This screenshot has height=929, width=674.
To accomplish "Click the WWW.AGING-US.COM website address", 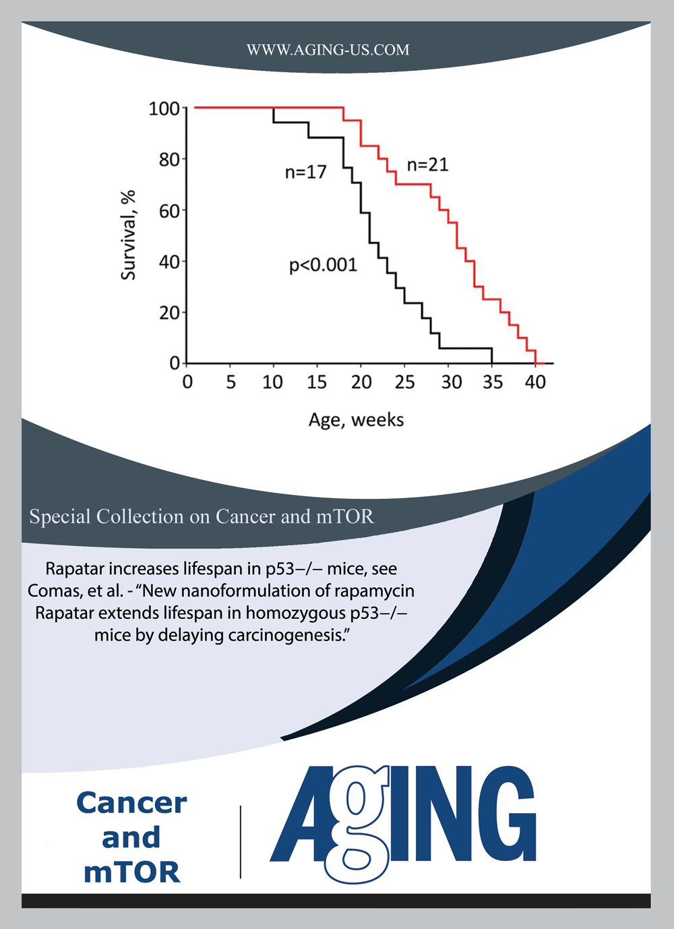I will pos(328,50).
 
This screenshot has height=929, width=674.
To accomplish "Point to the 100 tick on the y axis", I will pos(164,109).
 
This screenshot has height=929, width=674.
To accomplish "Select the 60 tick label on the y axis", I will pos(169,211).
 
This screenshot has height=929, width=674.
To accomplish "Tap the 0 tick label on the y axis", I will pos(175,363).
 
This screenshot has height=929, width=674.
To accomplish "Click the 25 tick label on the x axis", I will pos(404,383).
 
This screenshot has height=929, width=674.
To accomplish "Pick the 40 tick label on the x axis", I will pos(535,383).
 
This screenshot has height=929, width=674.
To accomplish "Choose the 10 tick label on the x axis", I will pos(273,383).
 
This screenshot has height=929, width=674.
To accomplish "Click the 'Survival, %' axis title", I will pos(128,235).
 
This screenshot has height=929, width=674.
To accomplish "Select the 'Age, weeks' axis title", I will pos(356,420).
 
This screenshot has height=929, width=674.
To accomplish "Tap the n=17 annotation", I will pos(305,173).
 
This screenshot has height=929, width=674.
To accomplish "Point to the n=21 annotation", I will pos(427,165).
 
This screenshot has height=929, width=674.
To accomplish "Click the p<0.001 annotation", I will pos(323,266).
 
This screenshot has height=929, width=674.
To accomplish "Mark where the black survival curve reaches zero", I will pos(492,363).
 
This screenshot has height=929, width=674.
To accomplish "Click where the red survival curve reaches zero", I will pos(536,363).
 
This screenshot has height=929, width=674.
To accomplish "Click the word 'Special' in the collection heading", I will pos(59,517).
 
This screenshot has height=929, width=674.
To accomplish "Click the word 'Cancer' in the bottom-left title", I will pos(131,803).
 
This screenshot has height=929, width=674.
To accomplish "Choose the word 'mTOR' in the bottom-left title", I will pos(131,872).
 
